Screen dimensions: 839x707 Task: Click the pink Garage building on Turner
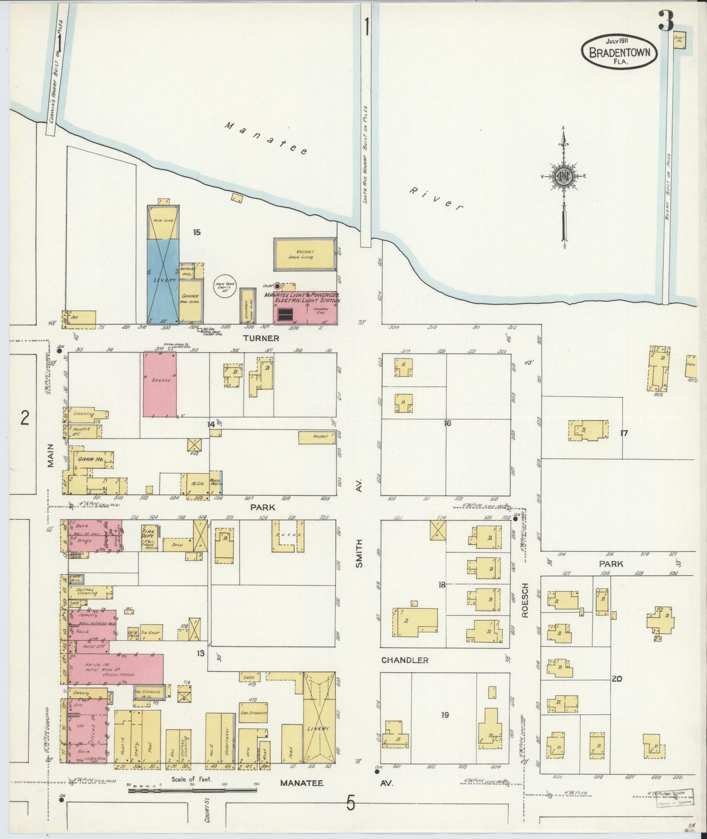[x=160, y=384]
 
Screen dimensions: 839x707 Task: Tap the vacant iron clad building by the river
[x=304, y=255]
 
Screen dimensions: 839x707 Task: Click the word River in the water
[x=435, y=199]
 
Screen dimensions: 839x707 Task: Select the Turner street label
[x=266, y=338]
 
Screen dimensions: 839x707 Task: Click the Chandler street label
[x=405, y=660]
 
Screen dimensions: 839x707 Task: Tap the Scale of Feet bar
[x=193, y=789]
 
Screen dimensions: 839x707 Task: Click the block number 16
[x=447, y=423]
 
